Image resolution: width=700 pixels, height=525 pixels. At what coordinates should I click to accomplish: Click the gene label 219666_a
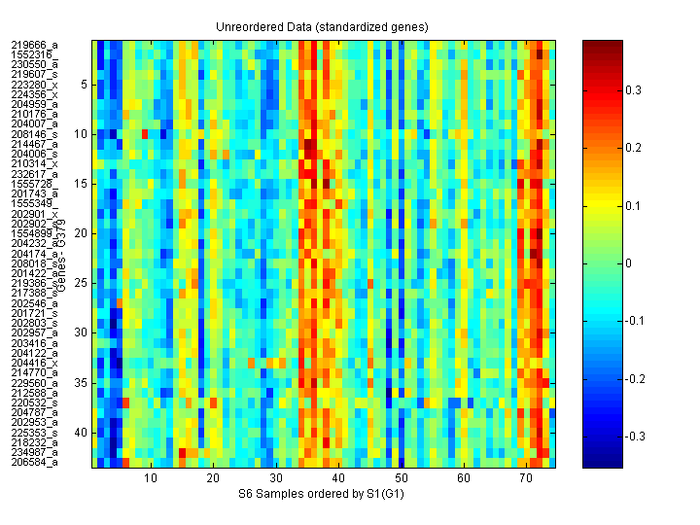pos(35,45)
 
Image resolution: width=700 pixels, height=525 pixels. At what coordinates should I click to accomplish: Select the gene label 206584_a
pos(35,463)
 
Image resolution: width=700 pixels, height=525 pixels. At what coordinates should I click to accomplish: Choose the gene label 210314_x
pos(35,163)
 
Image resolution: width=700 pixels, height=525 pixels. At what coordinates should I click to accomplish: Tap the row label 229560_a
pos(35,383)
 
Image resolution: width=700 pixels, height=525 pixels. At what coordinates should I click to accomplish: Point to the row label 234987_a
pos(35,452)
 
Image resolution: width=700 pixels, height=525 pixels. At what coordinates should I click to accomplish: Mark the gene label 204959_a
pos(35,104)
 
